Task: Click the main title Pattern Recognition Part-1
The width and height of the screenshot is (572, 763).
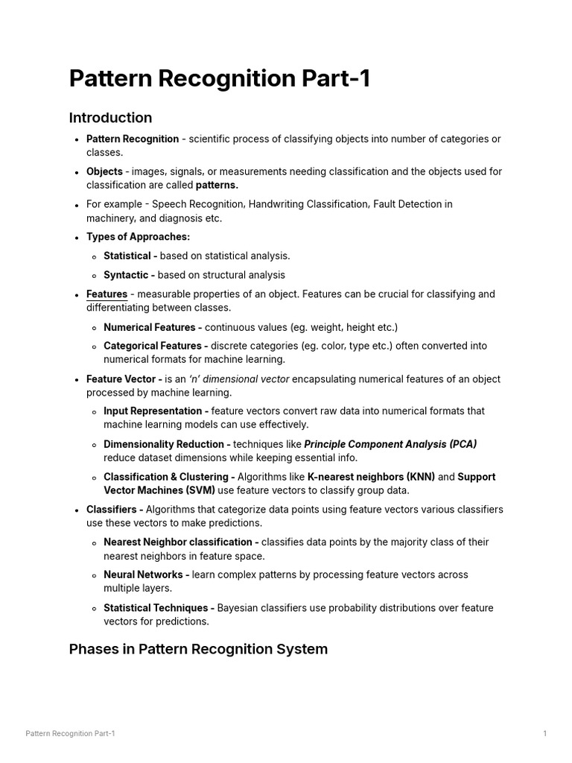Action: click(220, 78)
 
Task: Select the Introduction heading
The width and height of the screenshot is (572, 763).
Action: click(110, 118)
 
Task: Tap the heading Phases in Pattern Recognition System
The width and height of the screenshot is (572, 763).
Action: click(198, 649)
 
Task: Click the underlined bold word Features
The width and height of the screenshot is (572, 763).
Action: click(107, 294)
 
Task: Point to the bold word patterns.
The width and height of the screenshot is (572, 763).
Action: click(217, 185)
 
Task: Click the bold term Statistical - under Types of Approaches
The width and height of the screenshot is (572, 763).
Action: click(130, 256)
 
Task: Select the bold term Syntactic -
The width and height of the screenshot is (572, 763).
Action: click(129, 275)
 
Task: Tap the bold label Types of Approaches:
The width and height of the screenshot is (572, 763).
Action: click(138, 237)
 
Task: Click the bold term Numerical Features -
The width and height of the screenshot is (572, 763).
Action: click(153, 327)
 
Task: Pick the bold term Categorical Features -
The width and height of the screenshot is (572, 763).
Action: click(156, 346)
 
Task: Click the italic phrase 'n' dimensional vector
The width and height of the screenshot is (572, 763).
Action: click(238, 379)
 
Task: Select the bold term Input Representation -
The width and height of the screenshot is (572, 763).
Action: click(156, 411)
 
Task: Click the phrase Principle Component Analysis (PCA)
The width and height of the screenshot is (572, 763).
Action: click(390, 444)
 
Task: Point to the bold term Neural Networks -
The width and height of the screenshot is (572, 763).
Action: click(147, 575)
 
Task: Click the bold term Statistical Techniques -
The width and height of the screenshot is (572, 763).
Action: click(159, 608)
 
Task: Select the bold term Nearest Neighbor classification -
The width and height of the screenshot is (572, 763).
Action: click(181, 542)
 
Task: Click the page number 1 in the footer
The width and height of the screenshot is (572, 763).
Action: click(544, 734)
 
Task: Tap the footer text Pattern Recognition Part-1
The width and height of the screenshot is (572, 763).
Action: click(70, 734)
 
